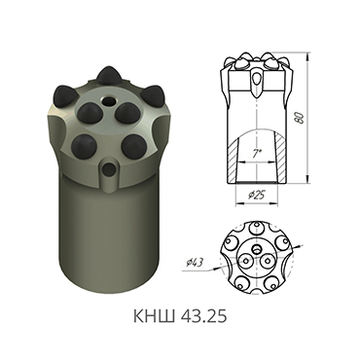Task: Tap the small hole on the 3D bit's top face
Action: pos(108,100)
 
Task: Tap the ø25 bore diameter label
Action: pos(258,196)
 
